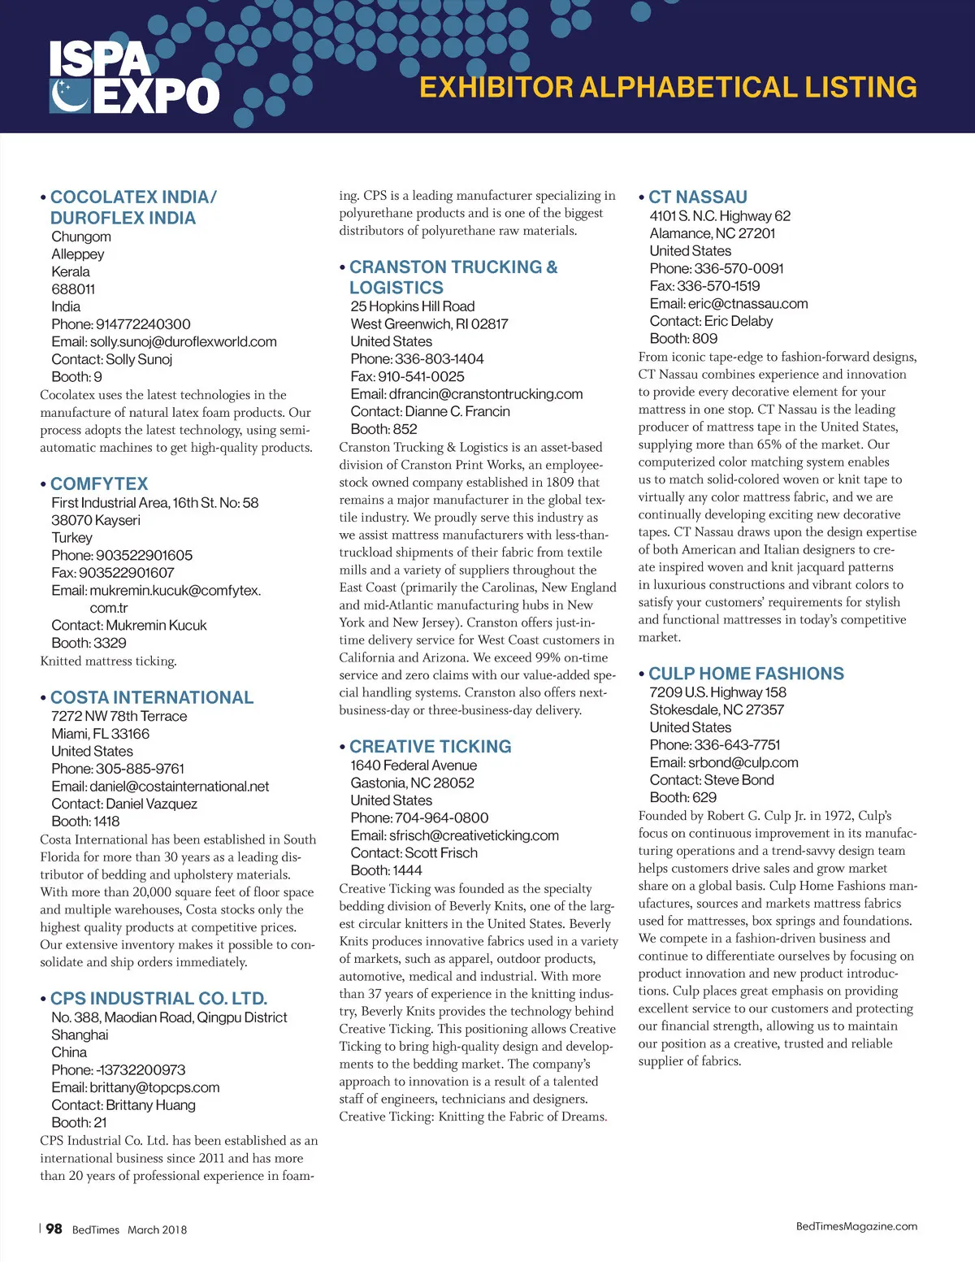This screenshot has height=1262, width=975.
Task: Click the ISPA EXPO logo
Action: click(134, 77)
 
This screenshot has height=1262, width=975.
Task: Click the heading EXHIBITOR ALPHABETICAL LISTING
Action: click(668, 88)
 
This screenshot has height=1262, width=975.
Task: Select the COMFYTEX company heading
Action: click(99, 484)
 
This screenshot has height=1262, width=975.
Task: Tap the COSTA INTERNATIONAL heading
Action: click(152, 697)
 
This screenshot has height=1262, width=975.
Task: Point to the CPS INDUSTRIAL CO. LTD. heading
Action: click(158, 998)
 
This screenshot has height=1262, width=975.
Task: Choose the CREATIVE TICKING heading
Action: click(431, 746)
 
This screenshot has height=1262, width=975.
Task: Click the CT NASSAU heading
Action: click(697, 197)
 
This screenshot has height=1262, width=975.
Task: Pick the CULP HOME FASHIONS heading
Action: click(746, 674)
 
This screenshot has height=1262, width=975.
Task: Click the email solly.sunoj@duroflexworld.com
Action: click(184, 341)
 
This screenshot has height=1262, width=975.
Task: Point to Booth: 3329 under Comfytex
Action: click(89, 643)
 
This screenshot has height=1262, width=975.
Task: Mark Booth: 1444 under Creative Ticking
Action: click(387, 870)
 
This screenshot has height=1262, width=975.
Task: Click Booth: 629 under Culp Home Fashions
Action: click(683, 797)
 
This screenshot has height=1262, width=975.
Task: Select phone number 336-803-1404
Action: click(440, 359)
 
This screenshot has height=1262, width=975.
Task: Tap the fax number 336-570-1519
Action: click(718, 286)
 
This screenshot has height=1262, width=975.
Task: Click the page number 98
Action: click(54, 1229)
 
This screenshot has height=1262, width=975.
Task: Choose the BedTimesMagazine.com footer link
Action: click(856, 1226)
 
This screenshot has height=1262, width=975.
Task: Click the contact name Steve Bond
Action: click(739, 780)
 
